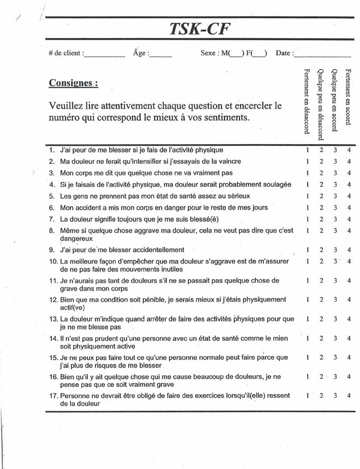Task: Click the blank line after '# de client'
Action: pyautogui.click(x=104, y=55)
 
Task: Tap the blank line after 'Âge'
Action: pyautogui.click(x=161, y=55)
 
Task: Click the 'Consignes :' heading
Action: pyautogui.click(x=74, y=83)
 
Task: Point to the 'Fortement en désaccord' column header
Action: pyautogui.click(x=307, y=101)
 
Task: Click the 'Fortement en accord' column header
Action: pyautogui.click(x=348, y=96)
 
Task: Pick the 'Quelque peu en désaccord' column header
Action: pyautogui.click(x=321, y=103)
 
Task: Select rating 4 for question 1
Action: pyautogui.click(x=349, y=150)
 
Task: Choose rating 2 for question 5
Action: pyautogui.click(x=321, y=196)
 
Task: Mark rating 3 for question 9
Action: pyautogui.click(x=335, y=250)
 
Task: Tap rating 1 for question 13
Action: pyautogui.click(x=308, y=319)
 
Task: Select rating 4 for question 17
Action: pyautogui.click(x=349, y=396)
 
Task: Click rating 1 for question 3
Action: pyautogui.click(x=308, y=173)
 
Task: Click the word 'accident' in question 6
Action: pyautogui.click(x=90, y=207)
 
